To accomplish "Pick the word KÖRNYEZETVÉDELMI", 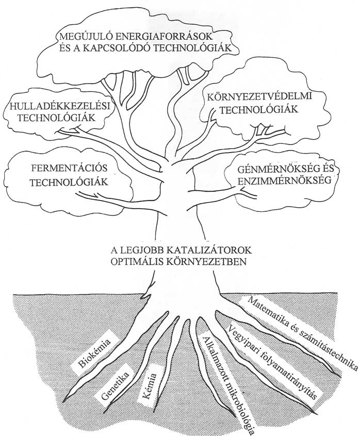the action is pos(259,97).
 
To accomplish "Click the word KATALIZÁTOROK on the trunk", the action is pos(209,250).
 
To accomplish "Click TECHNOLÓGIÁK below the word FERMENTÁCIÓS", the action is pos(69,182).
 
